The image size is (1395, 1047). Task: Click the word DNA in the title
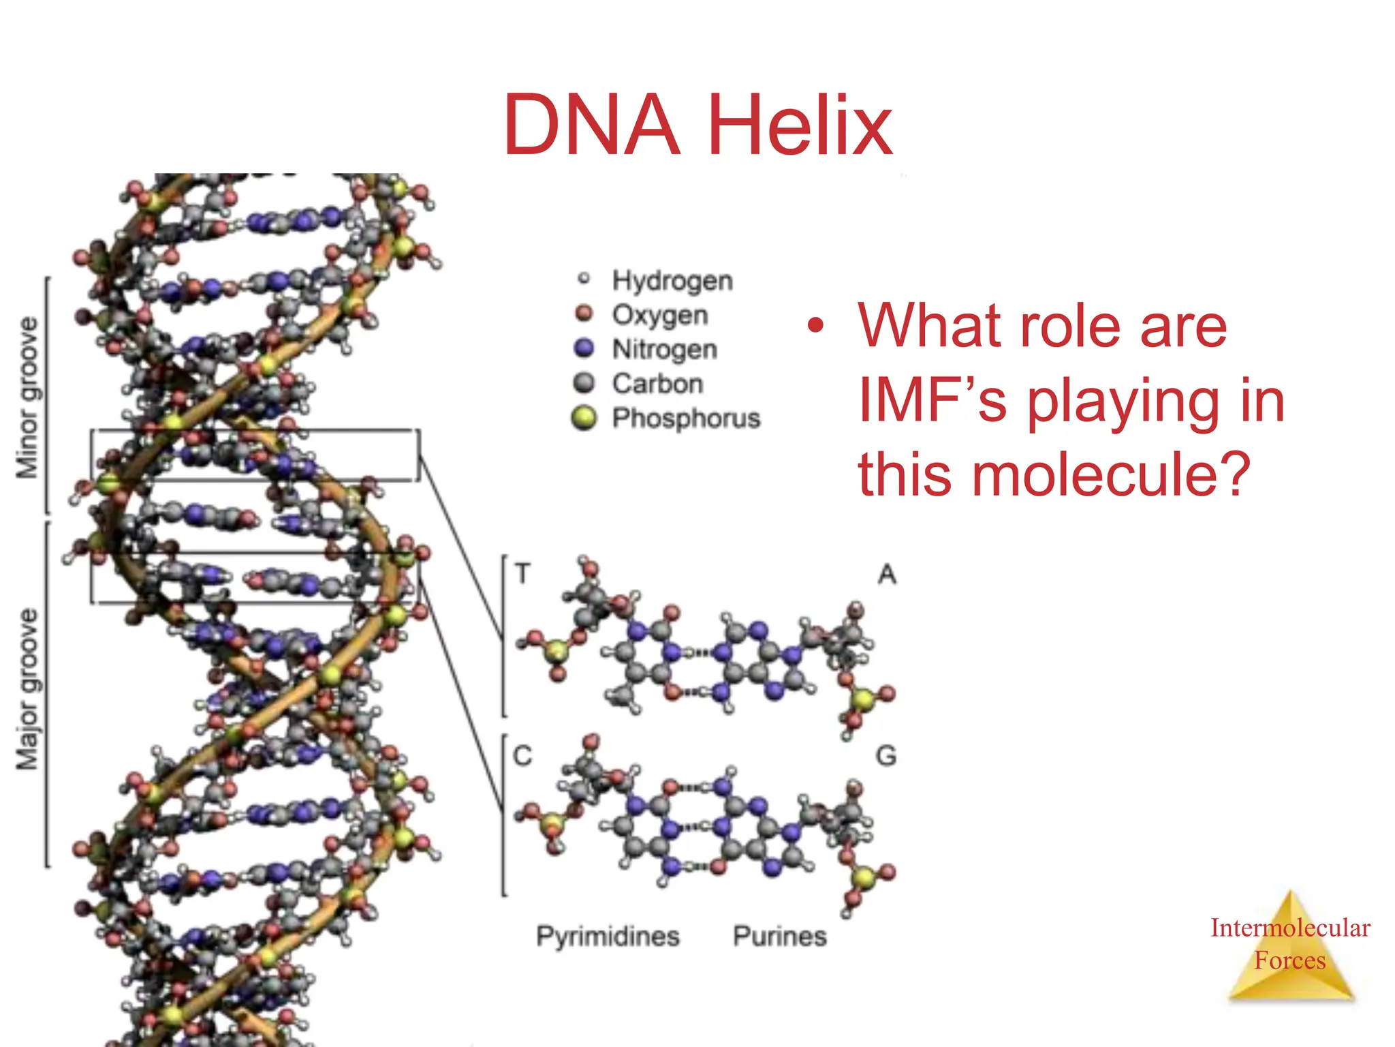point(591,126)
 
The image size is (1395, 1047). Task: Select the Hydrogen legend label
point(672,280)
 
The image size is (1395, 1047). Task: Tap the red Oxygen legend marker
point(584,314)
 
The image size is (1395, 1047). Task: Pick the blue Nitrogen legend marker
point(584,348)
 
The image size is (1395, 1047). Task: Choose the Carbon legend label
point(657,384)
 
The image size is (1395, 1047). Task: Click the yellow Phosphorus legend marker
point(584,418)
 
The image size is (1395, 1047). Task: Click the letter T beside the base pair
point(522,573)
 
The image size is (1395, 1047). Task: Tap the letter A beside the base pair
point(886,575)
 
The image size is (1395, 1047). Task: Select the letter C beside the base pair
point(522,756)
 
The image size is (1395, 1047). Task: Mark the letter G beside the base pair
point(885,756)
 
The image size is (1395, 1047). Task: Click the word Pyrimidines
point(608,937)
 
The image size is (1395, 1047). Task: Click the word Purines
point(779,937)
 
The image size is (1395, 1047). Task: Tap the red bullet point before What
point(815,326)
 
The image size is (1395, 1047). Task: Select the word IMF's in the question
point(932,401)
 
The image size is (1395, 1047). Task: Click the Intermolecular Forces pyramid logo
point(1289,947)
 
